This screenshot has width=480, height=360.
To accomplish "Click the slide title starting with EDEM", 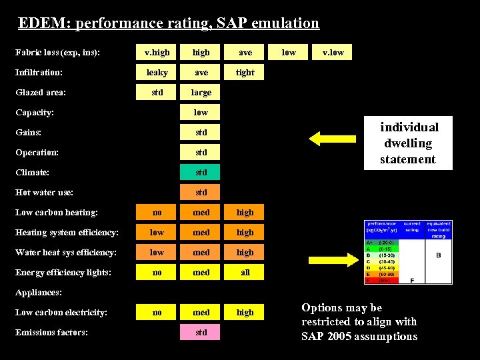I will [169, 23].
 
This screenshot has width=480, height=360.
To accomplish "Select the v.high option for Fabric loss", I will [157, 52].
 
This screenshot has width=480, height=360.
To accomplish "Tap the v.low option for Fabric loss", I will [333, 52].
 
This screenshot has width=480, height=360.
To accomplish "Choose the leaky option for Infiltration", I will [157, 72].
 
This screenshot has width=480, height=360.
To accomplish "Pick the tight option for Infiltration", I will [245, 72].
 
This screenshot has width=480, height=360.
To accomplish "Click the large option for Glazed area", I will [201, 92].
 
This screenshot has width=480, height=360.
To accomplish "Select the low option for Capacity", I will [201, 112].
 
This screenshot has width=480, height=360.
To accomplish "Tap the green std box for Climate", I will [201, 172].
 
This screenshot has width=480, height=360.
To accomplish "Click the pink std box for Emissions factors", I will [201, 332].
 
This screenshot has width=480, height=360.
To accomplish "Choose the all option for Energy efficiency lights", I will [245, 272].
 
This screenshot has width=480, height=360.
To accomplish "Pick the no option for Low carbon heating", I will [157, 212].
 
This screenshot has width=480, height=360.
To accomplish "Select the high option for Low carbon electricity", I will [245, 312].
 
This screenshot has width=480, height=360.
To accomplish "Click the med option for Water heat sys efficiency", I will [201, 252].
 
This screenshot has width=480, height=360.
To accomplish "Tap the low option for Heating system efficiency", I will [157, 232].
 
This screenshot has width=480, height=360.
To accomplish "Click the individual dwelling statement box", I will [409, 143].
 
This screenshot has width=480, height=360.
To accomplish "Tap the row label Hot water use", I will [45, 193].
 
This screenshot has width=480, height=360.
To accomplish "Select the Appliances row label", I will [38, 292].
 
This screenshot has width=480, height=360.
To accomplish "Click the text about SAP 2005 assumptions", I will [359, 322].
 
